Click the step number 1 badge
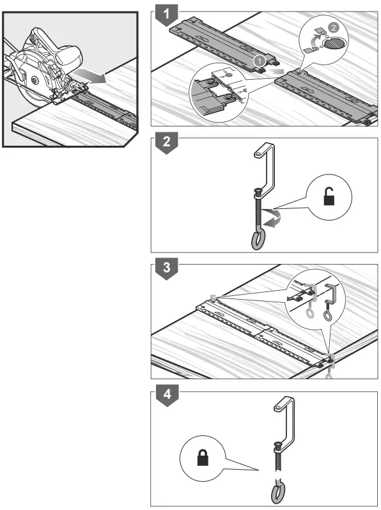pyautogui.click(x=166, y=15)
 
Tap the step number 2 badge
pyautogui.click(x=166, y=143)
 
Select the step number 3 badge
pyautogui.click(x=166, y=268)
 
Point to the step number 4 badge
pyautogui.click(x=167, y=395)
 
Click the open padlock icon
pyautogui.click(x=329, y=196)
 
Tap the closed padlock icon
pyautogui.click(x=203, y=458)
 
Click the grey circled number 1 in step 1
pyautogui.click(x=260, y=61)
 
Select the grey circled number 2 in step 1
pyautogui.click(x=333, y=27)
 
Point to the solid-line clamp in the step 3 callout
pyautogui.click(x=330, y=302)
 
